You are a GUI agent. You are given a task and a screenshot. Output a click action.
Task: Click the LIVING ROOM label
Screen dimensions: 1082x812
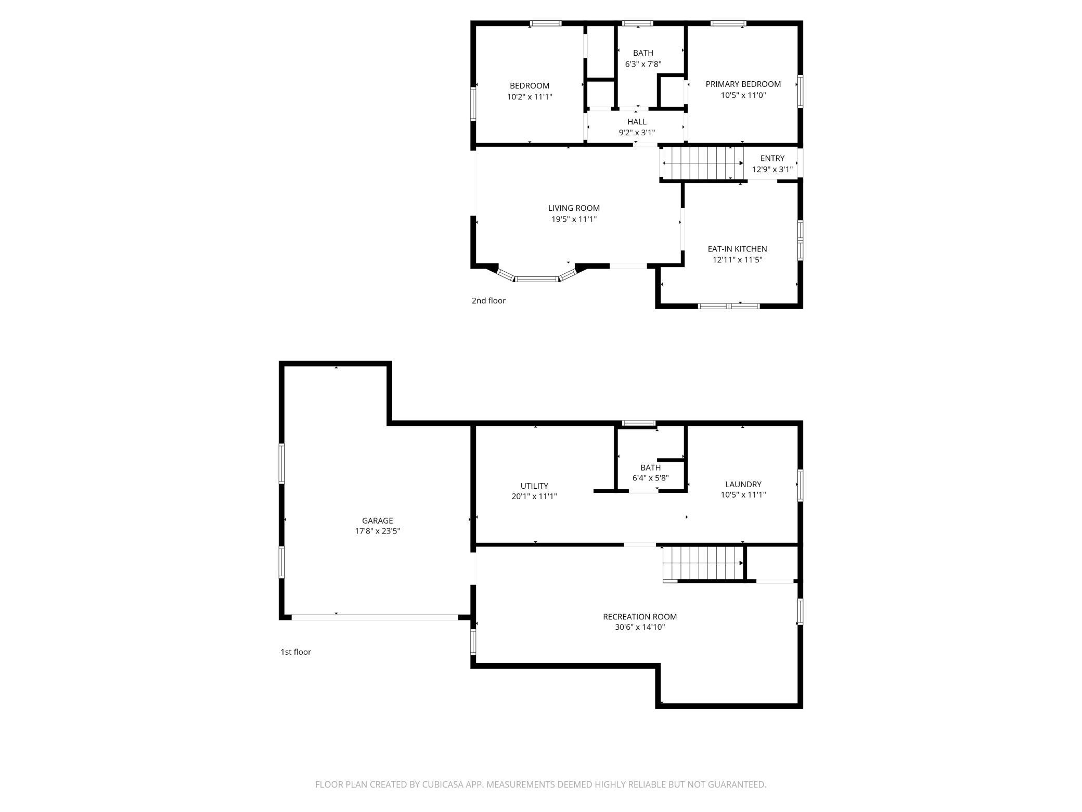click(x=574, y=208)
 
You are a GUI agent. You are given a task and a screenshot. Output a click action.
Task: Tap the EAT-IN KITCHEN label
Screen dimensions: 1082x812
click(x=737, y=249)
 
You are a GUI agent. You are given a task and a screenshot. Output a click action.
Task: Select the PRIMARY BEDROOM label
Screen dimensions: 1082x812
click(x=743, y=84)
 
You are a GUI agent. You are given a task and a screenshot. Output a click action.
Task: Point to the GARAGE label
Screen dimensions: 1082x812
click(x=377, y=521)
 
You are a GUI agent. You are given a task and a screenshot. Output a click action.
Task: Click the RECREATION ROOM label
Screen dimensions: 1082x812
click(x=640, y=617)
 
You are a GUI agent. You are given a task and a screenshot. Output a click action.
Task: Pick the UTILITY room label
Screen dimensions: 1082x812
click(x=534, y=486)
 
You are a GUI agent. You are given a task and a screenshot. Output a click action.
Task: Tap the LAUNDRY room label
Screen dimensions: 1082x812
click(x=743, y=484)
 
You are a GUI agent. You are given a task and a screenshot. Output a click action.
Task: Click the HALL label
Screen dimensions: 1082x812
click(x=637, y=122)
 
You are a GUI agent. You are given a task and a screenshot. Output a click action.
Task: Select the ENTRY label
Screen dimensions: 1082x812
click(x=772, y=158)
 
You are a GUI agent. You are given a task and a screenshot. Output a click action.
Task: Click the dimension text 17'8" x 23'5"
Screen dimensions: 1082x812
click(x=377, y=531)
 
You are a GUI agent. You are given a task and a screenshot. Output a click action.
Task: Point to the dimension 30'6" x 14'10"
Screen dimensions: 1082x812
click(x=640, y=628)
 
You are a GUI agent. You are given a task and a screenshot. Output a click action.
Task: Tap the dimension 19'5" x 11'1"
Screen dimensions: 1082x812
click(x=574, y=219)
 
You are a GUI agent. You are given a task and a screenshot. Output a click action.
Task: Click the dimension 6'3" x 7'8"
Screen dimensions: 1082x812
click(x=643, y=64)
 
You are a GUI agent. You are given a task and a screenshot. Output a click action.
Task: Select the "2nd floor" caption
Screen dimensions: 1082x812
click(x=488, y=300)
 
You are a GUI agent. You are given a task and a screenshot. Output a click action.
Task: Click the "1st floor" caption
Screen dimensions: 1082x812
click(x=295, y=652)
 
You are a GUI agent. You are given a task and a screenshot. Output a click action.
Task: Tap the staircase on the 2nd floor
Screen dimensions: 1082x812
click(x=702, y=163)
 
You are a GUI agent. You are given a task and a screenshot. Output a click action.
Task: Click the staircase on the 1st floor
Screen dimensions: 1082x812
click(x=703, y=563)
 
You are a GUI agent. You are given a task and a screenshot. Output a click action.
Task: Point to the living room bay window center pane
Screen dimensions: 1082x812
click(x=537, y=279)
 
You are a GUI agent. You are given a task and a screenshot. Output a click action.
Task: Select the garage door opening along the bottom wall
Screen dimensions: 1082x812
click(x=375, y=617)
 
